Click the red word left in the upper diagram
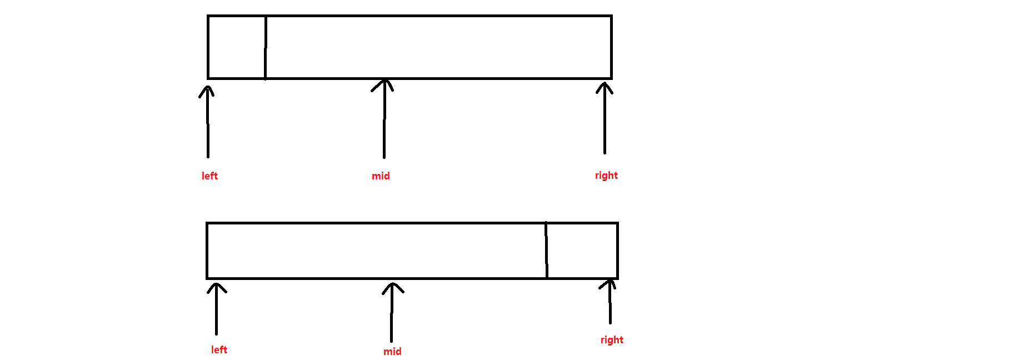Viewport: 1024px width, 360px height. coord(209,176)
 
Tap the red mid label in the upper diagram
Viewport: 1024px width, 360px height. coord(381,176)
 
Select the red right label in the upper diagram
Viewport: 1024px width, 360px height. coord(606,176)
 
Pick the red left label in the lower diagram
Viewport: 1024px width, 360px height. coord(219,350)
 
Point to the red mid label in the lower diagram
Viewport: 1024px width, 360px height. coord(392,352)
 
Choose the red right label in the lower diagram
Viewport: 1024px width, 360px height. coord(612,340)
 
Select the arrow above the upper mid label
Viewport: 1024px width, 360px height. coord(384,119)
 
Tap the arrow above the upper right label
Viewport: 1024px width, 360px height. coord(605,119)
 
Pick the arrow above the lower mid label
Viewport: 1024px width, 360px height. coord(392,314)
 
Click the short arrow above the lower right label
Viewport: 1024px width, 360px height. coord(610,303)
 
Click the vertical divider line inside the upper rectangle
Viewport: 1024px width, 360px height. coord(266,47)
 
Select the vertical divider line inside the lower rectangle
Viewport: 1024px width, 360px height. coord(547,250)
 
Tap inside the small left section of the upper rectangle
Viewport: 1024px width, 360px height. coord(237,47)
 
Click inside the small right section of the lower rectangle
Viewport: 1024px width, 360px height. coord(582,251)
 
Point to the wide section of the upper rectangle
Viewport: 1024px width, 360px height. coord(439,47)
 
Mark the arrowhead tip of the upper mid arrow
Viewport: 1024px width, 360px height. coord(384,80)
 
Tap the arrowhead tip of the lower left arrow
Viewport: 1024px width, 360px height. coord(217,284)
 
